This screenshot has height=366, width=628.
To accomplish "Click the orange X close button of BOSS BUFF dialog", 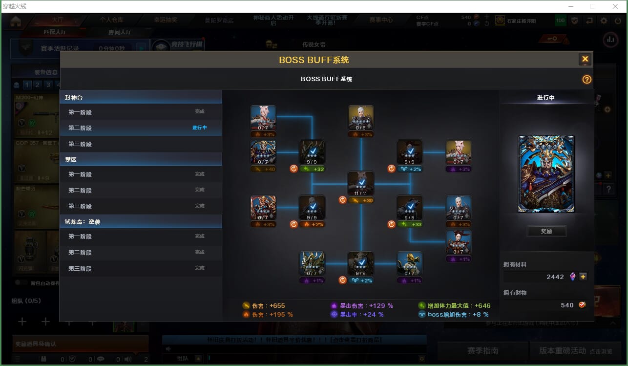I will [585, 59].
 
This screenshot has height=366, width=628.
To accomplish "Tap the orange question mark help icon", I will [586, 80].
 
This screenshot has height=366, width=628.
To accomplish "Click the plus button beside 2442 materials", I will [583, 277].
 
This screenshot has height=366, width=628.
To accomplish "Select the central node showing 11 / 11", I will [361, 184].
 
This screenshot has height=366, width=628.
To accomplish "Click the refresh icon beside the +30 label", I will [342, 200].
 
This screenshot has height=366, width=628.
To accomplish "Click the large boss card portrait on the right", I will [546, 174].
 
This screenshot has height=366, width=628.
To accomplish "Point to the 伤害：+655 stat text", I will [268, 306].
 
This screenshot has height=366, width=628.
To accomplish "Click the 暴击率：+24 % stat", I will [361, 315].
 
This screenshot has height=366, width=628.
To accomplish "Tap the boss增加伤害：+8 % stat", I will [458, 315].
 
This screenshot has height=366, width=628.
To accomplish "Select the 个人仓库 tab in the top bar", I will [111, 20].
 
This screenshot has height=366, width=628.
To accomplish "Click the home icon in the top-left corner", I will [16, 21].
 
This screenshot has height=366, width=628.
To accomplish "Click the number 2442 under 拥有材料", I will [555, 277].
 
